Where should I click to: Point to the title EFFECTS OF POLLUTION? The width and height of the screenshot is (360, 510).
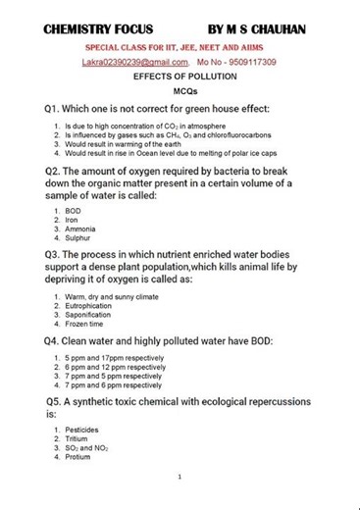point(180,76)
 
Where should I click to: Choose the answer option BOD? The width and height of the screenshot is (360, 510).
point(74,211)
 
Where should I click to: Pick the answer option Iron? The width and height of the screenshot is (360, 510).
point(73,220)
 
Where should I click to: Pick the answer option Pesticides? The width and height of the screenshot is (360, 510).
point(82,430)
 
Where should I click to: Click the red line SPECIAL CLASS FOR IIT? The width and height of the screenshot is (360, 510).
point(180,47)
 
